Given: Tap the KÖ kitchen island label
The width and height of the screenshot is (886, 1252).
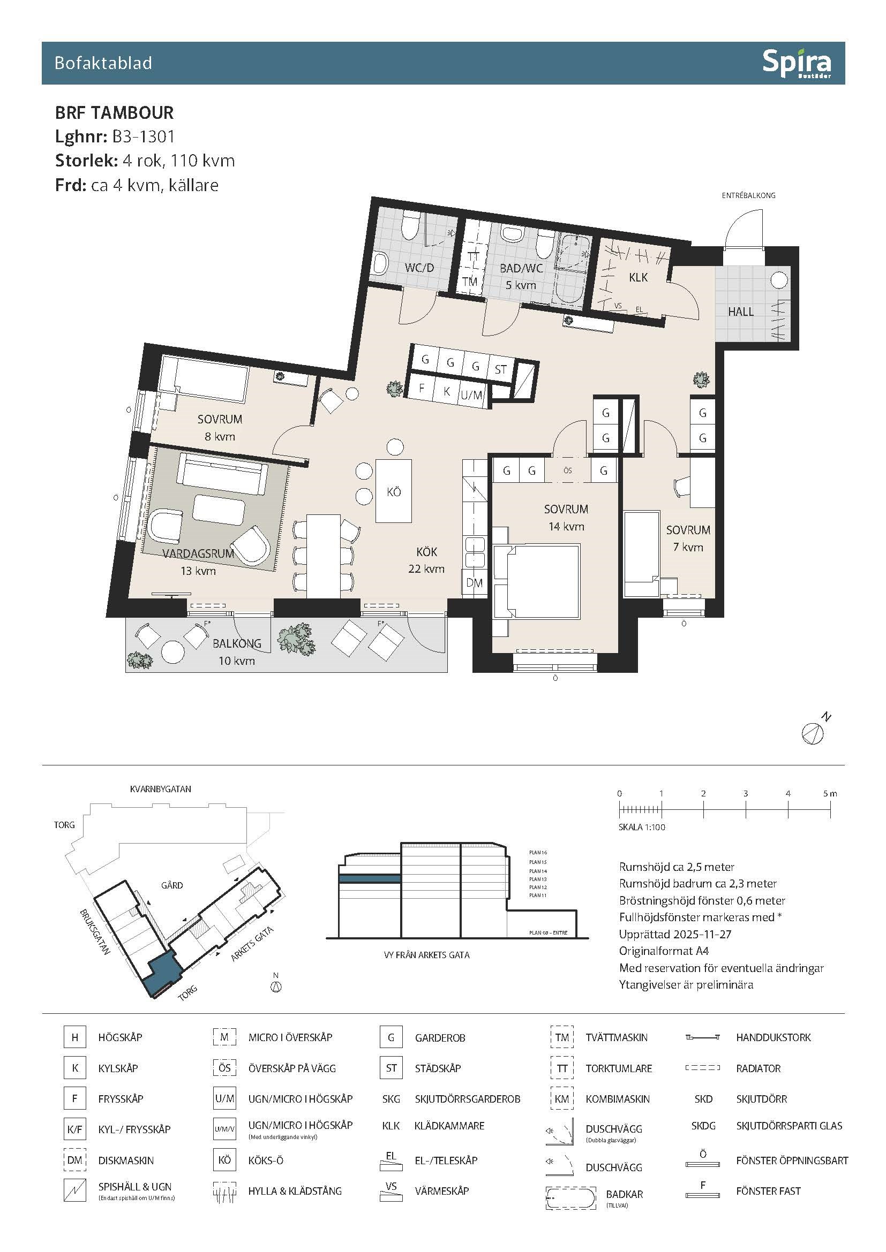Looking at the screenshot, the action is [x=394, y=492].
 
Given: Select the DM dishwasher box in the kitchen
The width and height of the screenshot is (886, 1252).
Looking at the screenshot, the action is [x=474, y=583].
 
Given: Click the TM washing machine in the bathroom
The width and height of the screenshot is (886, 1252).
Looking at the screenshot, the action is [x=470, y=282].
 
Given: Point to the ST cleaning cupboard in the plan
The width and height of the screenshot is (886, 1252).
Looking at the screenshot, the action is [x=500, y=370].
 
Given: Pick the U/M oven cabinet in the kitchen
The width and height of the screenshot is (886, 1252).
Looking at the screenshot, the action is [x=472, y=395].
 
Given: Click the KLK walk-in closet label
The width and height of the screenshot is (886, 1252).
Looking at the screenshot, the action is [x=639, y=277].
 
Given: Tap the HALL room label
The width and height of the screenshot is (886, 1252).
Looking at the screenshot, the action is [x=740, y=312].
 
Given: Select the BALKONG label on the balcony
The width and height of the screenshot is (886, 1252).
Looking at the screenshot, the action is [x=237, y=643].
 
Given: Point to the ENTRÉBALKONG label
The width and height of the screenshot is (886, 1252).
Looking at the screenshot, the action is [x=748, y=195].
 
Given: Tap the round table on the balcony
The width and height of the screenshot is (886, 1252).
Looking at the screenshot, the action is [x=173, y=651].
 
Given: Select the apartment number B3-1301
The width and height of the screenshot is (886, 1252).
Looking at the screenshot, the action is [x=144, y=136].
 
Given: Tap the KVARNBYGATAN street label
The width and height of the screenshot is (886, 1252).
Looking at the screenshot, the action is [x=160, y=789].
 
